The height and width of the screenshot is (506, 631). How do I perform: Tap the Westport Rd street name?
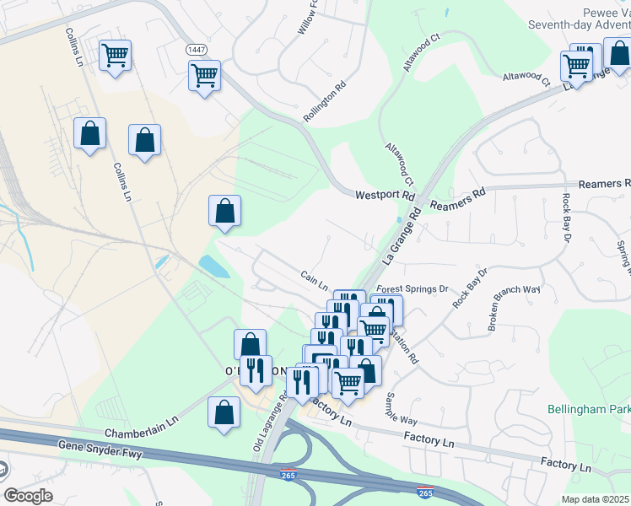coord(386,194)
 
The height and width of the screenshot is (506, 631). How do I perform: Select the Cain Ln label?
coord(313,276)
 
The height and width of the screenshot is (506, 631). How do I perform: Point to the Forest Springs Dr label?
coord(412,288)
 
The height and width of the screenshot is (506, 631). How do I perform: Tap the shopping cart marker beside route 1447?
coord(204,76)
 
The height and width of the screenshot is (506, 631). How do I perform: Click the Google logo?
coord(28,496)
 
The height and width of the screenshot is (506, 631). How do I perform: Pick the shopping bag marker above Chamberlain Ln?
coord(224,413)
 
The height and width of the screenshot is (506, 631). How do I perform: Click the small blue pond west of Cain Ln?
coord(213,266)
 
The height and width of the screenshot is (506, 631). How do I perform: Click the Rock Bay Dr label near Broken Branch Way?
coord(471,288)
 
